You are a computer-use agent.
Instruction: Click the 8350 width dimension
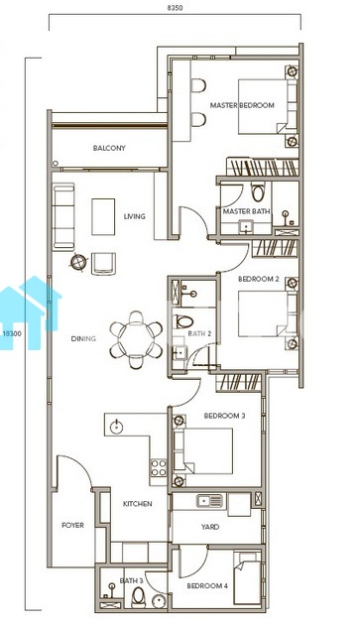(x=175, y=8)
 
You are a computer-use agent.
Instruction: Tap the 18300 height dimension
(x=12, y=334)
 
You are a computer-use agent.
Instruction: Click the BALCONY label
(x=109, y=148)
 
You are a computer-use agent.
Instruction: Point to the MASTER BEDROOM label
(x=242, y=105)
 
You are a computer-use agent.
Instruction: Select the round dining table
(x=136, y=339)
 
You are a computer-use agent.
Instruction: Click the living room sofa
(x=63, y=216)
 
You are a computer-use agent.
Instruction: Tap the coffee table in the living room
(x=103, y=217)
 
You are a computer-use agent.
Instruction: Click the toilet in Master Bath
(x=258, y=191)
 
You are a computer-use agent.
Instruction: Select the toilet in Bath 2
(x=183, y=321)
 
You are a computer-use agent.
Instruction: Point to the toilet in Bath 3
(x=138, y=597)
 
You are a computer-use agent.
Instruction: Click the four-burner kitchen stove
(x=159, y=468)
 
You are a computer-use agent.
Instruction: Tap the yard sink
(x=209, y=500)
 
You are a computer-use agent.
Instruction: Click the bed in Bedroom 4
(x=247, y=578)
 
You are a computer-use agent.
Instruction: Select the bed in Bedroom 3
(x=203, y=450)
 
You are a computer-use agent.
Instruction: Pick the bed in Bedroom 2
(x=268, y=313)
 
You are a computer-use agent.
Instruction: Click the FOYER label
(x=72, y=526)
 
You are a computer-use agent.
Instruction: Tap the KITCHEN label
(x=137, y=504)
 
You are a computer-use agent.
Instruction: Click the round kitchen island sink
(x=117, y=428)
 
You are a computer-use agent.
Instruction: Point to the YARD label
(x=210, y=527)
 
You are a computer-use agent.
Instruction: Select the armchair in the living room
(x=104, y=264)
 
